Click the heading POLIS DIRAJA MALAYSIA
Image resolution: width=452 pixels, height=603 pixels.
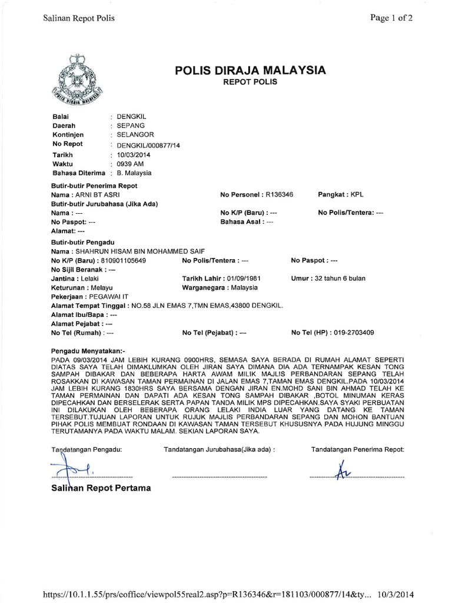(x=250, y=71)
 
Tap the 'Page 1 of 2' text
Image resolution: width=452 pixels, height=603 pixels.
(x=391, y=18)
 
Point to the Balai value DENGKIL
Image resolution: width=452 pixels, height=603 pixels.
(x=131, y=117)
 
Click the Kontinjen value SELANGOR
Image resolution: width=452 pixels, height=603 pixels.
(x=135, y=135)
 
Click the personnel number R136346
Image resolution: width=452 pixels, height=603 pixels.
(x=284, y=194)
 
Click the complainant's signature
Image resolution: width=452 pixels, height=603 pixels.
(x=74, y=470)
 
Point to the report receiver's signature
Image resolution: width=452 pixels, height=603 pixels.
(x=340, y=471)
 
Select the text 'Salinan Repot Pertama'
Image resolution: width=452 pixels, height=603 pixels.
(x=101, y=488)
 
